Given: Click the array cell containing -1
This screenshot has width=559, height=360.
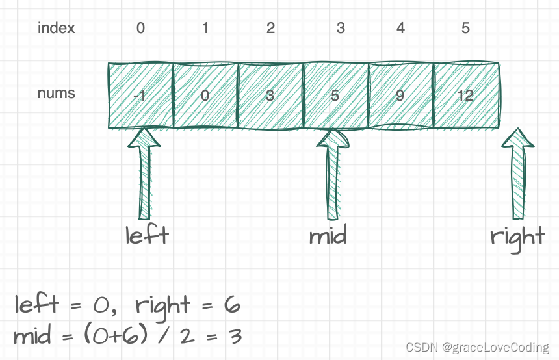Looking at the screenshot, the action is pos(140,96).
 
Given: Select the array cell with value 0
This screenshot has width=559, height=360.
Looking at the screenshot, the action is pos(205,96).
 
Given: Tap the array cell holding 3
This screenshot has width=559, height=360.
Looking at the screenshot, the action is pos(270,96).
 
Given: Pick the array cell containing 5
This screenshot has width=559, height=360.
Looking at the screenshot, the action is pos(335,96).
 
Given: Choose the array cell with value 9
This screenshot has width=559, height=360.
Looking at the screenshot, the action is pos(400,96).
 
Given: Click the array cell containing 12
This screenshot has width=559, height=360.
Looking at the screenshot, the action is pos(465,96).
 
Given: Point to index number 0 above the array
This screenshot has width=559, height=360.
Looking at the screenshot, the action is pos(140,29).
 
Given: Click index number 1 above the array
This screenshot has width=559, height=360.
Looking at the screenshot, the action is pos(205,29).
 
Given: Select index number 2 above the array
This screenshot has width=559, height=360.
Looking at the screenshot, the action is pos(270,29).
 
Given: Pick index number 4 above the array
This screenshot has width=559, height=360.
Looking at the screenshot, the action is pos(400,29).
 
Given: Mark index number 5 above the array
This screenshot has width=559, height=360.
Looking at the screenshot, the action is pos(465,29).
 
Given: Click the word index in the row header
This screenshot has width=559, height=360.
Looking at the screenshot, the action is pos(57,29).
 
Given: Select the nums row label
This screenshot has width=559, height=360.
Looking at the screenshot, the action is pos(57,93).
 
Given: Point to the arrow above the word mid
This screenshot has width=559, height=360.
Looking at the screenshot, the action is pos(333,172).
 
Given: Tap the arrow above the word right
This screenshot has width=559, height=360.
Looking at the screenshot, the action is pos(519,172).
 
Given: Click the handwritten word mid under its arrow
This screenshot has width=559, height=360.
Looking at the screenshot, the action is pos(328,235).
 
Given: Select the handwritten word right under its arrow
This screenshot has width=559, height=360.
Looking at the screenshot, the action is pos(517,237).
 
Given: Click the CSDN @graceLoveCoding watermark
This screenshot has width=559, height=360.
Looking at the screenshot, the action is pos(478,348).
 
